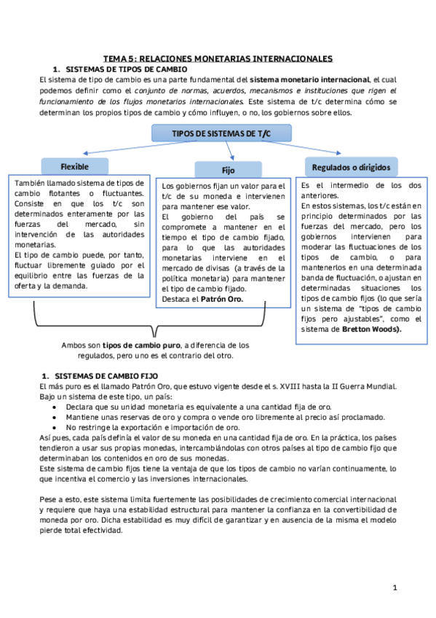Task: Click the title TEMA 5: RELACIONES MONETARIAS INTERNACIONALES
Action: point(218,58)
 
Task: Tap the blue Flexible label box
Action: point(74,165)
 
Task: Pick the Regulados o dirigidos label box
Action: point(350,167)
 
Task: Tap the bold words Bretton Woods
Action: point(369,329)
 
